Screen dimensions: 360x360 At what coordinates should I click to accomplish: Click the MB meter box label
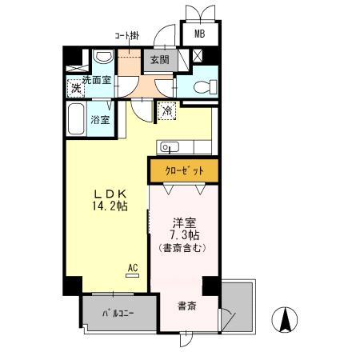point(198,34)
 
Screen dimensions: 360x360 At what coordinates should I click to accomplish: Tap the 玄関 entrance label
point(158,60)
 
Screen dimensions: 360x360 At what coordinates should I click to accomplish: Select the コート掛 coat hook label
point(126,36)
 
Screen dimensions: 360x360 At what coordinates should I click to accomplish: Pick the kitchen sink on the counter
point(169,146)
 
